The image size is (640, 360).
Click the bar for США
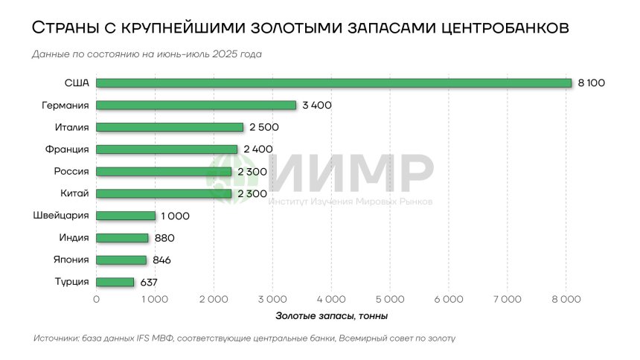click(x=333, y=83)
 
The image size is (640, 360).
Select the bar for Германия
click(x=196, y=105)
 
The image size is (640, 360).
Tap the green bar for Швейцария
click(x=126, y=216)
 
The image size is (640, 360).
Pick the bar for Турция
click(x=115, y=282)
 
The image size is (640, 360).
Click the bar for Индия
click(x=122, y=238)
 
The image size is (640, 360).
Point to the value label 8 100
click(x=592, y=83)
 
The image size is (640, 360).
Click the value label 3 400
click(x=317, y=105)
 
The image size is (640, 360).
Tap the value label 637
click(x=149, y=282)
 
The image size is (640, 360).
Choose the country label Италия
click(x=72, y=127)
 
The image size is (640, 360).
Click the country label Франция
click(x=69, y=149)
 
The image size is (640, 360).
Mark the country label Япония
click(x=71, y=260)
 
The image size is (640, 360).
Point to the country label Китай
click(x=75, y=193)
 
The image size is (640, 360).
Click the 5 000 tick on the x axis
click(x=390, y=299)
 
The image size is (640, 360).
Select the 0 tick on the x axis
click(x=97, y=299)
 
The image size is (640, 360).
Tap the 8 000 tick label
click(x=566, y=299)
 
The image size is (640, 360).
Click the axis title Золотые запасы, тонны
click(x=330, y=316)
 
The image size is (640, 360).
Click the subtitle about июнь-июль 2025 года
click(x=147, y=54)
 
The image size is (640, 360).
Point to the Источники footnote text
click(x=244, y=338)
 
